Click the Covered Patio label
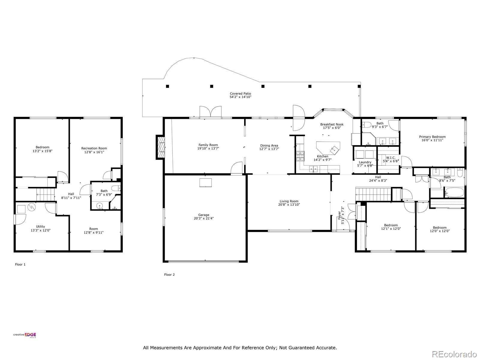[240, 94]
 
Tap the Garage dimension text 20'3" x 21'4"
[204, 218]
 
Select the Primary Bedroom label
[432, 137]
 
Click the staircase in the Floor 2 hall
[373, 194]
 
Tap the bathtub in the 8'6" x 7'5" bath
[454, 192]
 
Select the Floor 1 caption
[20, 265]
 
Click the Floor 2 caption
[169, 274]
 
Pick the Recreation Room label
[94, 148]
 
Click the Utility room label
[40, 226]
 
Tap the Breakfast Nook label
[331, 124]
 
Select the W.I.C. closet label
[391, 157]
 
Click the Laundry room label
[365, 162]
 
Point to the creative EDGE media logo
[25, 335]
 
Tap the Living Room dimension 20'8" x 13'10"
[289, 205]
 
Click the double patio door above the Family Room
[211, 111]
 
